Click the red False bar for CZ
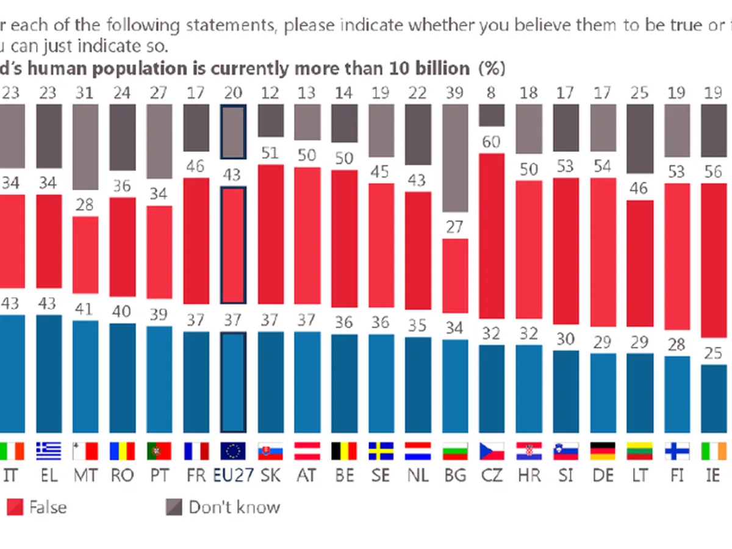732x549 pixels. (x=492, y=235)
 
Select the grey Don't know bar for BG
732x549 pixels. (x=454, y=157)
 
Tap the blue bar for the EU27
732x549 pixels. (x=233, y=382)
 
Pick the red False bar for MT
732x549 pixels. (x=85, y=264)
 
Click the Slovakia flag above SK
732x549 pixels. (x=270, y=451)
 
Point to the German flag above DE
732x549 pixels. (x=603, y=451)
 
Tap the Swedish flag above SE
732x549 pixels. (x=381, y=451)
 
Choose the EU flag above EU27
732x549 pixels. (x=233, y=451)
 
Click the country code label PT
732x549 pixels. (x=159, y=475)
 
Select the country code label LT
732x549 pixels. (x=639, y=475)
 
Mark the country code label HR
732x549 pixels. (x=528, y=475)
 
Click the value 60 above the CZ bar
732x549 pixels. (x=491, y=142)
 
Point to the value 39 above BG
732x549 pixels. (x=454, y=93)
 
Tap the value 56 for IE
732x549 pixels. (x=714, y=172)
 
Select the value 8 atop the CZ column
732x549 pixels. (x=491, y=93)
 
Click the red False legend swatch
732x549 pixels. (x=15, y=507)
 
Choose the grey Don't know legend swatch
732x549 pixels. (x=174, y=507)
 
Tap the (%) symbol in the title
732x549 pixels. (x=492, y=68)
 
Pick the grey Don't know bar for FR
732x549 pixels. (x=196, y=127)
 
